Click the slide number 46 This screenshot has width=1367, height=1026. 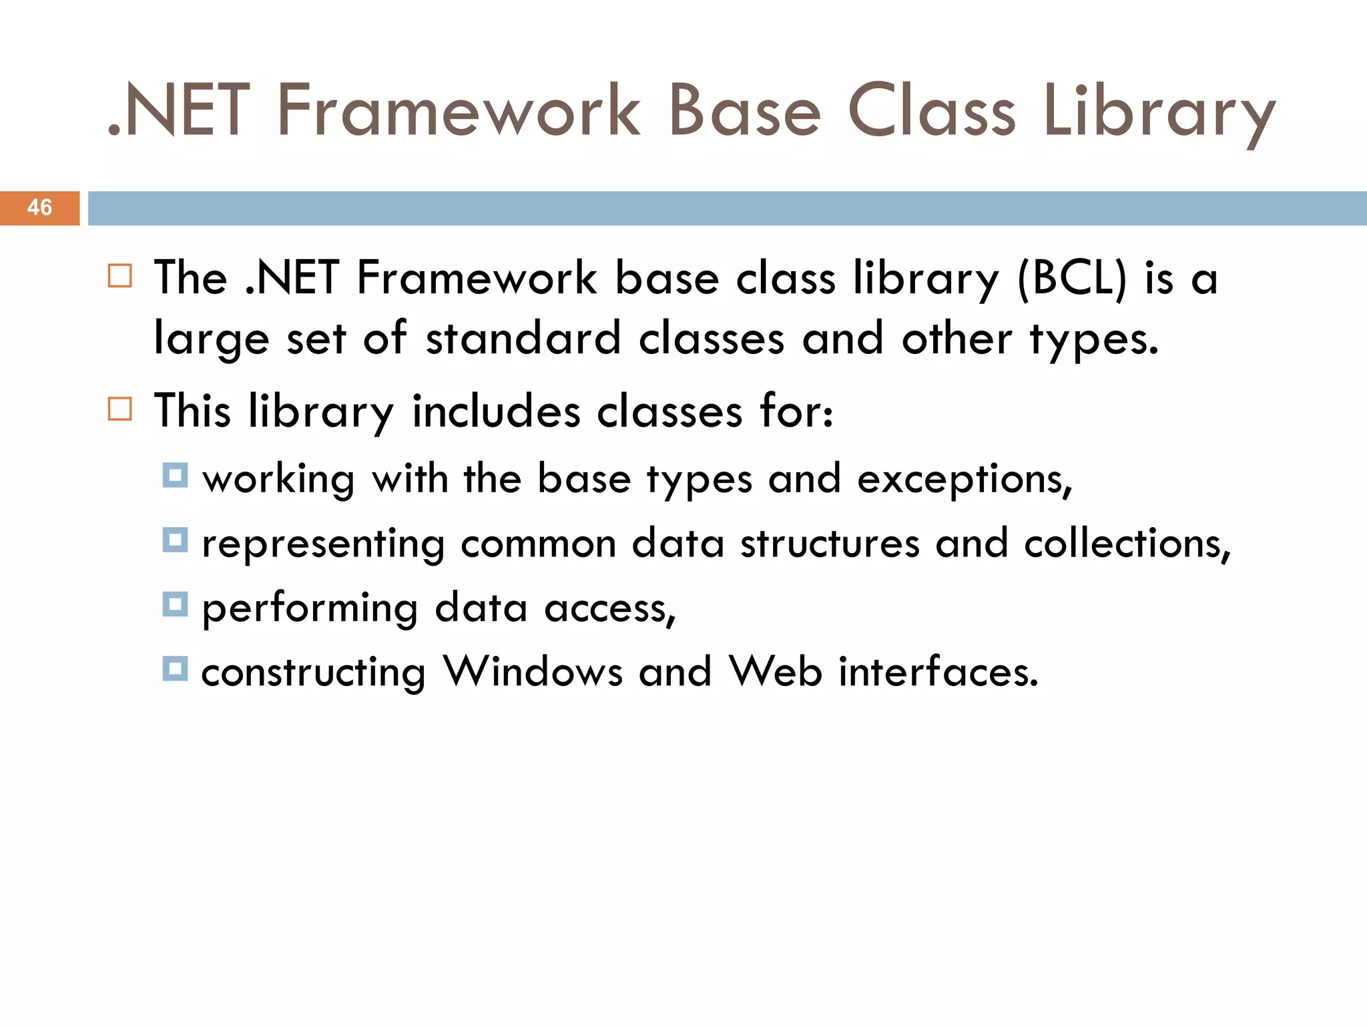pyautogui.click(x=39, y=207)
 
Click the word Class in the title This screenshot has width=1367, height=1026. pyautogui.click(x=931, y=111)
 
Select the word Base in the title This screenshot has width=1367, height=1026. pyautogui.click(x=744, y=111)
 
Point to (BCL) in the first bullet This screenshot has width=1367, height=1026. pyautogui.click(x=1072, y=278)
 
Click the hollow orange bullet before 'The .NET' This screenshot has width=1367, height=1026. pyautogui.click(x=120, y=275)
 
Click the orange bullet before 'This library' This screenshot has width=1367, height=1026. pyautogui.click(x=120, y=408)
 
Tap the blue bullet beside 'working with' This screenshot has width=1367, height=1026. pyautogui.click(x=175, y=476)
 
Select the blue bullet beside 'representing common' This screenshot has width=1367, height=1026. pyautogui.click(x=175, y=540)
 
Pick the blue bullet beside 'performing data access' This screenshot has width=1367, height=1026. pyautogui.click(x=175, y=605)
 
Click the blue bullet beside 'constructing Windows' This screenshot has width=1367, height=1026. pyautogui.click(x=175, y=668)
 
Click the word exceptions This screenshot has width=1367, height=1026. pyautogui.click(x=965, y=480)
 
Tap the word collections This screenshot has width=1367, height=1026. pyautogui.click(x=1127, y=544)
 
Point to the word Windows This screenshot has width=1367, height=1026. pyautogui.click(x=533, y=671)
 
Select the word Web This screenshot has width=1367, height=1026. pyautogui.click(x=776, y=671)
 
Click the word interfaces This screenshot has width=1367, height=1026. pyautogui.click(x=938, y=671)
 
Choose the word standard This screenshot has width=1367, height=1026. pyautogui.click(x=523, y=338)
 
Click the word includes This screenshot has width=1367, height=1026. pyautogui.click(x=496, y=411)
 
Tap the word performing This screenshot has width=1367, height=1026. pyautogui.click(x=310, y=609)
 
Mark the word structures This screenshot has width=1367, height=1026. pyautogui.click(x=830, y=544)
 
